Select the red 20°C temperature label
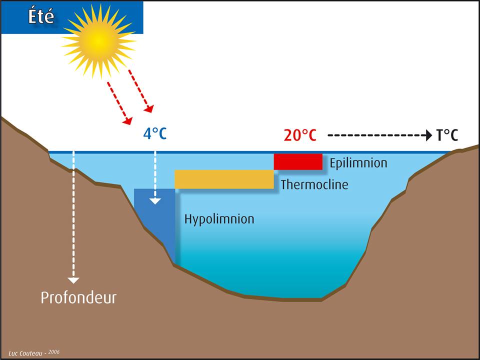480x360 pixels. point(300,135)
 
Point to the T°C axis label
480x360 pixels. point(447,135)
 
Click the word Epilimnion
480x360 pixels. point(358,163)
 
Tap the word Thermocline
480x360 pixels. point(314,184)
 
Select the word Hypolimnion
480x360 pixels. point(219,219)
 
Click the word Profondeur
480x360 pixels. point(78,298)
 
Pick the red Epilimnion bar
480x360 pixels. point(298,161)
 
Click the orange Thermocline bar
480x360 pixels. point(224,179)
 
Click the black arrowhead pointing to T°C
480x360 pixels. point(427,135)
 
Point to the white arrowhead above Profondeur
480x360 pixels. point(74,280)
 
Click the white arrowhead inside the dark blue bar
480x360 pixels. point(155,201)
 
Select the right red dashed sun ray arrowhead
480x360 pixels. point(149,108)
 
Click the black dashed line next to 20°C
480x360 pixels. point(375,135)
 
